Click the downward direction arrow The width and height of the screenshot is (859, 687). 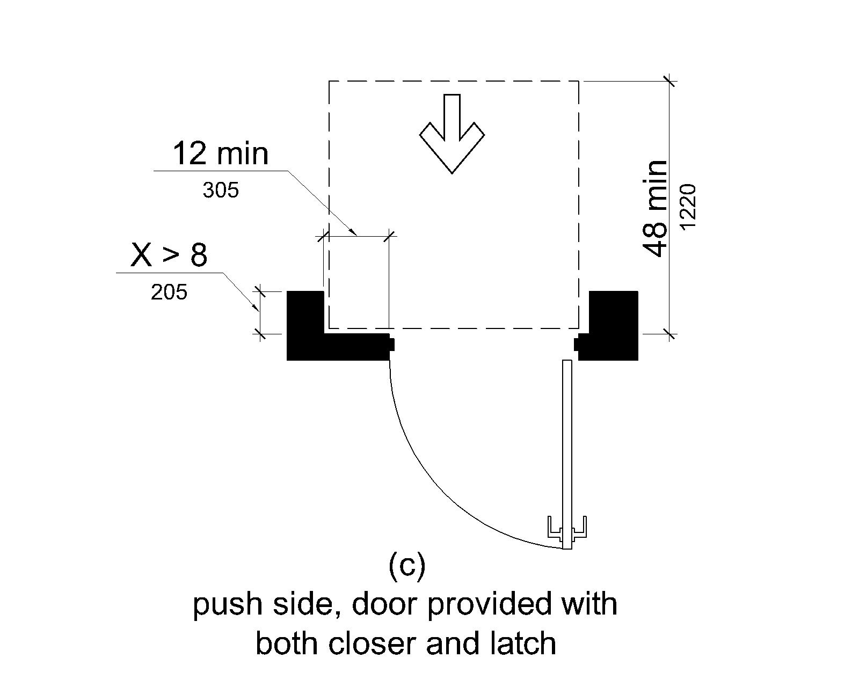[x=452, y=134]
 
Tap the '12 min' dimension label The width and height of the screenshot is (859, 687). [x=220, y=154]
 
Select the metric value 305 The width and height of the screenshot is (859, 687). [x=220, y=190]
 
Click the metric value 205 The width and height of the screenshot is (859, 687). [x=169, y=293]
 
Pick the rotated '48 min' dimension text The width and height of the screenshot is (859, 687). [x=656, y=208]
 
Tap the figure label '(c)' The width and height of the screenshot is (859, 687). [x=406, y=567]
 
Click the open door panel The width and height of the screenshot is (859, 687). [x=567, y=440]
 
